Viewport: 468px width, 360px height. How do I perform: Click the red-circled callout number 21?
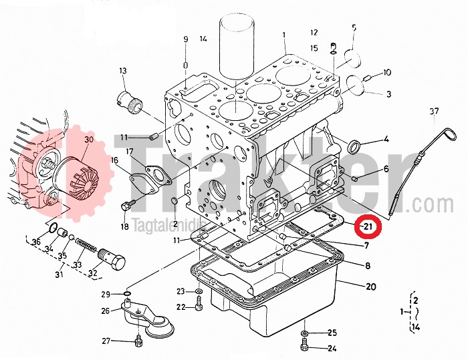(x=367, y=227)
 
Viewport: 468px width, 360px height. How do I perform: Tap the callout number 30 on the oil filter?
(x=88, y=139)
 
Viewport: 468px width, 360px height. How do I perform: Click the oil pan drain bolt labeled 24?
(x=306, y=345)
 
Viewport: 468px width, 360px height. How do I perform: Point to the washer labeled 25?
(x=306, y=332)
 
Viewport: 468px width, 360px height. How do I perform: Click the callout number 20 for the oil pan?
(x=371, y=287)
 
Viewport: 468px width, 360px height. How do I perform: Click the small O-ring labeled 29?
(x=126, y=293)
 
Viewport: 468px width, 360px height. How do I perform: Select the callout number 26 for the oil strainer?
(x=105, y=311)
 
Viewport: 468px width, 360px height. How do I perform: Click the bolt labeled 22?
(x=199, y=306)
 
